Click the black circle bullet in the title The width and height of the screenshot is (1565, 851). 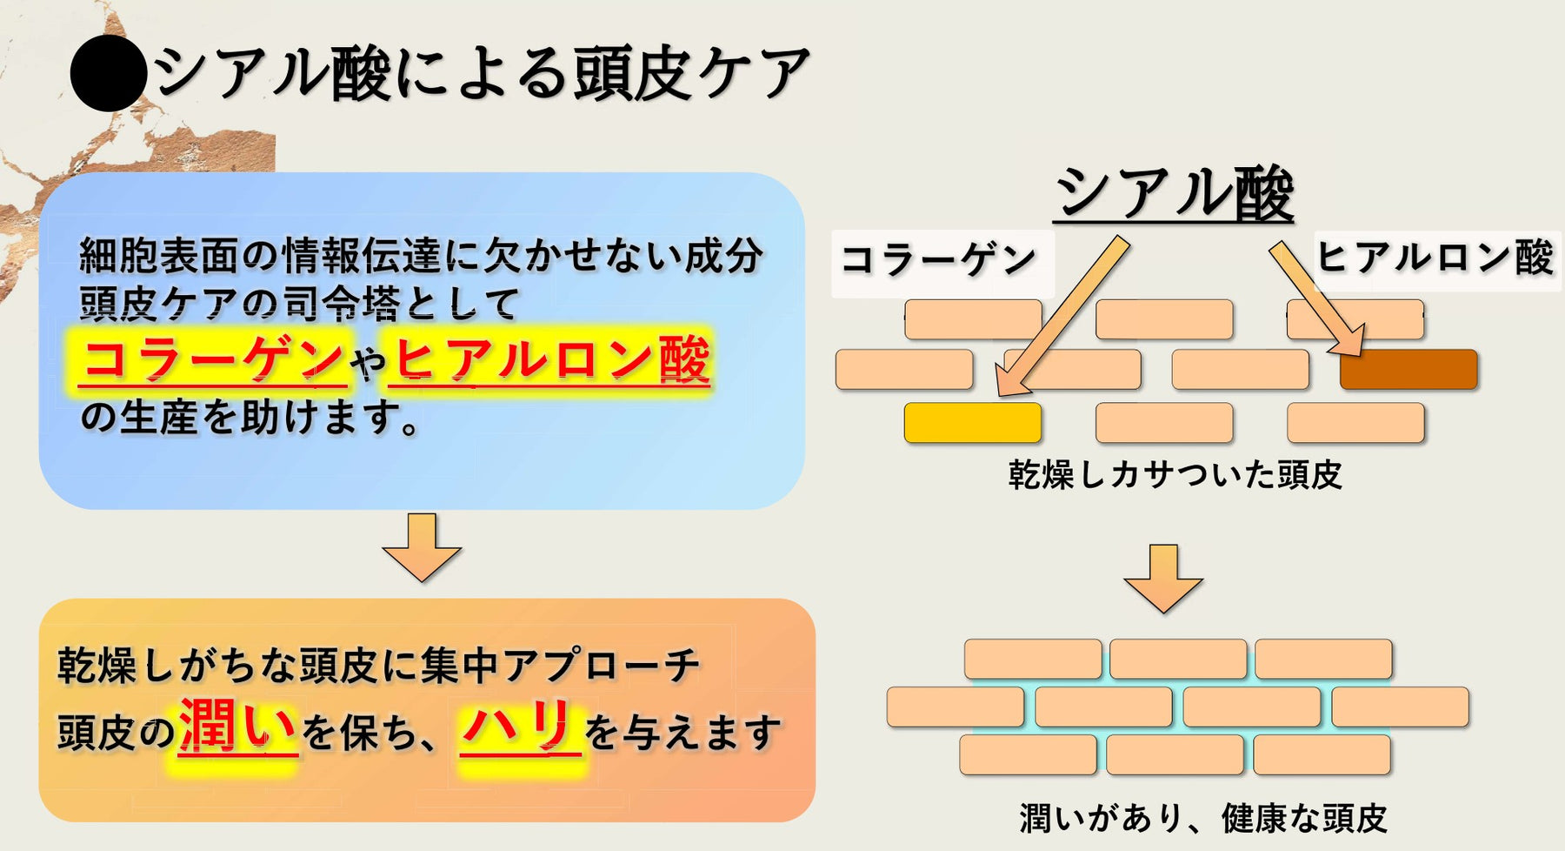pos(108,73)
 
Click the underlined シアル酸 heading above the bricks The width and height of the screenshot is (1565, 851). pos(1174,192)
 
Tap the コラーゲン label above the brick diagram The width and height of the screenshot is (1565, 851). pos(940,259)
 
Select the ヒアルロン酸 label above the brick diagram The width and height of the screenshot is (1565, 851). pos(1435,258)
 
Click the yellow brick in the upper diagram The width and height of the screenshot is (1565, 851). pos(972,423)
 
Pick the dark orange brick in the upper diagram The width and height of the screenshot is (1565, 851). pos(1408,369)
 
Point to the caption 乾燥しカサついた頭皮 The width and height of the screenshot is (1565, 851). pos(1175,475)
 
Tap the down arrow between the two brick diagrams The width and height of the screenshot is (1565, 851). pos(1162,578)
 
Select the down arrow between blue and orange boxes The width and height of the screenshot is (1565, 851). pos(422,546)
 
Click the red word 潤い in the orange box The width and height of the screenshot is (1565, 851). pos(237,727)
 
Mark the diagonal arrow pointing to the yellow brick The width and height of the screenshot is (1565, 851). pos(1061,317)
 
